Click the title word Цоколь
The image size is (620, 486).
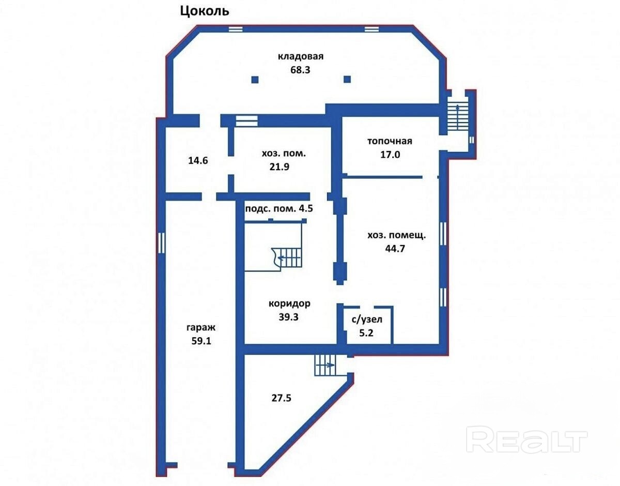tap(205, 12)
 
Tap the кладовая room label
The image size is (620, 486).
tap(301, 56)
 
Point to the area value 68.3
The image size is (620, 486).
tap(300, 70)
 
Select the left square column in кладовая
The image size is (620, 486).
tap(255, 79)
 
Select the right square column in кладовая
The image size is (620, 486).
tap(347, 79)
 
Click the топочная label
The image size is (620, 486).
tap(390, 141)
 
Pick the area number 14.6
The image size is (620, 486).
tap(198, 161)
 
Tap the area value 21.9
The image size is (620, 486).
tap(280, 166)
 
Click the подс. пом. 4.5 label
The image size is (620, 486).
tap(279, 208)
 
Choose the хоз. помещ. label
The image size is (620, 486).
tap(397, 235)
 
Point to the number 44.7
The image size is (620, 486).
tap(395, 249)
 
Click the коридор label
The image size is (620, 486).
tap(289, 303)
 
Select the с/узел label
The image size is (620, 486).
tap(367, 320)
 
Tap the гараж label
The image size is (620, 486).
tap(201, 328)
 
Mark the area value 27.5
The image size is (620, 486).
tap(282, 398)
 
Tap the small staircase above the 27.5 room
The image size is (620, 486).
tap(326, 365)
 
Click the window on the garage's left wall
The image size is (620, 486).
tap(161, 242)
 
